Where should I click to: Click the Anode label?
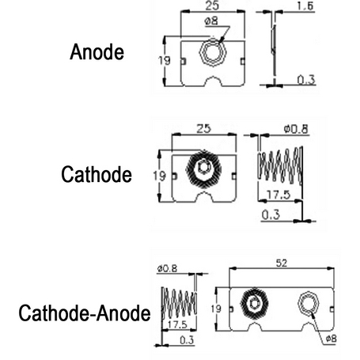[x=97, y=52]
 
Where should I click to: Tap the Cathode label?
[x=97, y=174]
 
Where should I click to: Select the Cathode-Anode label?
[x=85, y=313]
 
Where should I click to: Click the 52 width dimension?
[x=282, y=263]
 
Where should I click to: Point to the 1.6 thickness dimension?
[x=305, y=6]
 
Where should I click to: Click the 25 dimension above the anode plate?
[x=212, y=6]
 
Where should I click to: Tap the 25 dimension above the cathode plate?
[x=204, y=129]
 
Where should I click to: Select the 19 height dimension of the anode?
[x=165, y=61]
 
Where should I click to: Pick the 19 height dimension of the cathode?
[x=159, y=176]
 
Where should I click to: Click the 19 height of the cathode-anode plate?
[x=216, y=309]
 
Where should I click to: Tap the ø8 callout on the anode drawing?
[x=211, y=21]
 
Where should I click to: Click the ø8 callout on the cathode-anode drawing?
[x=332, y=339]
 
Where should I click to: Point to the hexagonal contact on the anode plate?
[x=213, y=52]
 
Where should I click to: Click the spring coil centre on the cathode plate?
[x=203, y=169]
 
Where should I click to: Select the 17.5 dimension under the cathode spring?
[x=279, y=195]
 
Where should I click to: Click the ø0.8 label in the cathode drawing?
[x=296, y=129]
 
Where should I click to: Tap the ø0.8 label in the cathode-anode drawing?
[x=168, y=269]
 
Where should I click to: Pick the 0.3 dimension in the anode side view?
[x=306, y=80]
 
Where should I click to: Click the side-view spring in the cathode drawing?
[x=280, y=165]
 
